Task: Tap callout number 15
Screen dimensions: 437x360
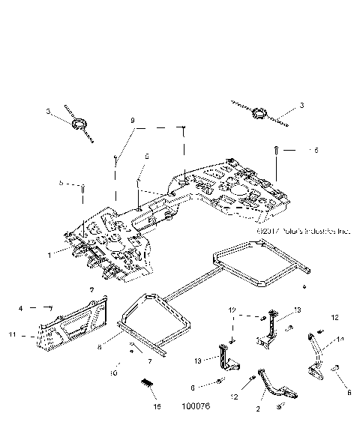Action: [x=156, y=407]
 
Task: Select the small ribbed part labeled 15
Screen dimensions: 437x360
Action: [x=148, y=383]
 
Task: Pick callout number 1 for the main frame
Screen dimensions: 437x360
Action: [x=49, y=255]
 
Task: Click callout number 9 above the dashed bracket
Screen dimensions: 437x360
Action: [x=133, y=120]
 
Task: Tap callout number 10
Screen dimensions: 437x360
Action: [x=114, y=373]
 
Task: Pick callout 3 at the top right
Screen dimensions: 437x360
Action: [x=302, y=106]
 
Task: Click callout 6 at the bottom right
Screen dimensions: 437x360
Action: [x=349, y=391]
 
